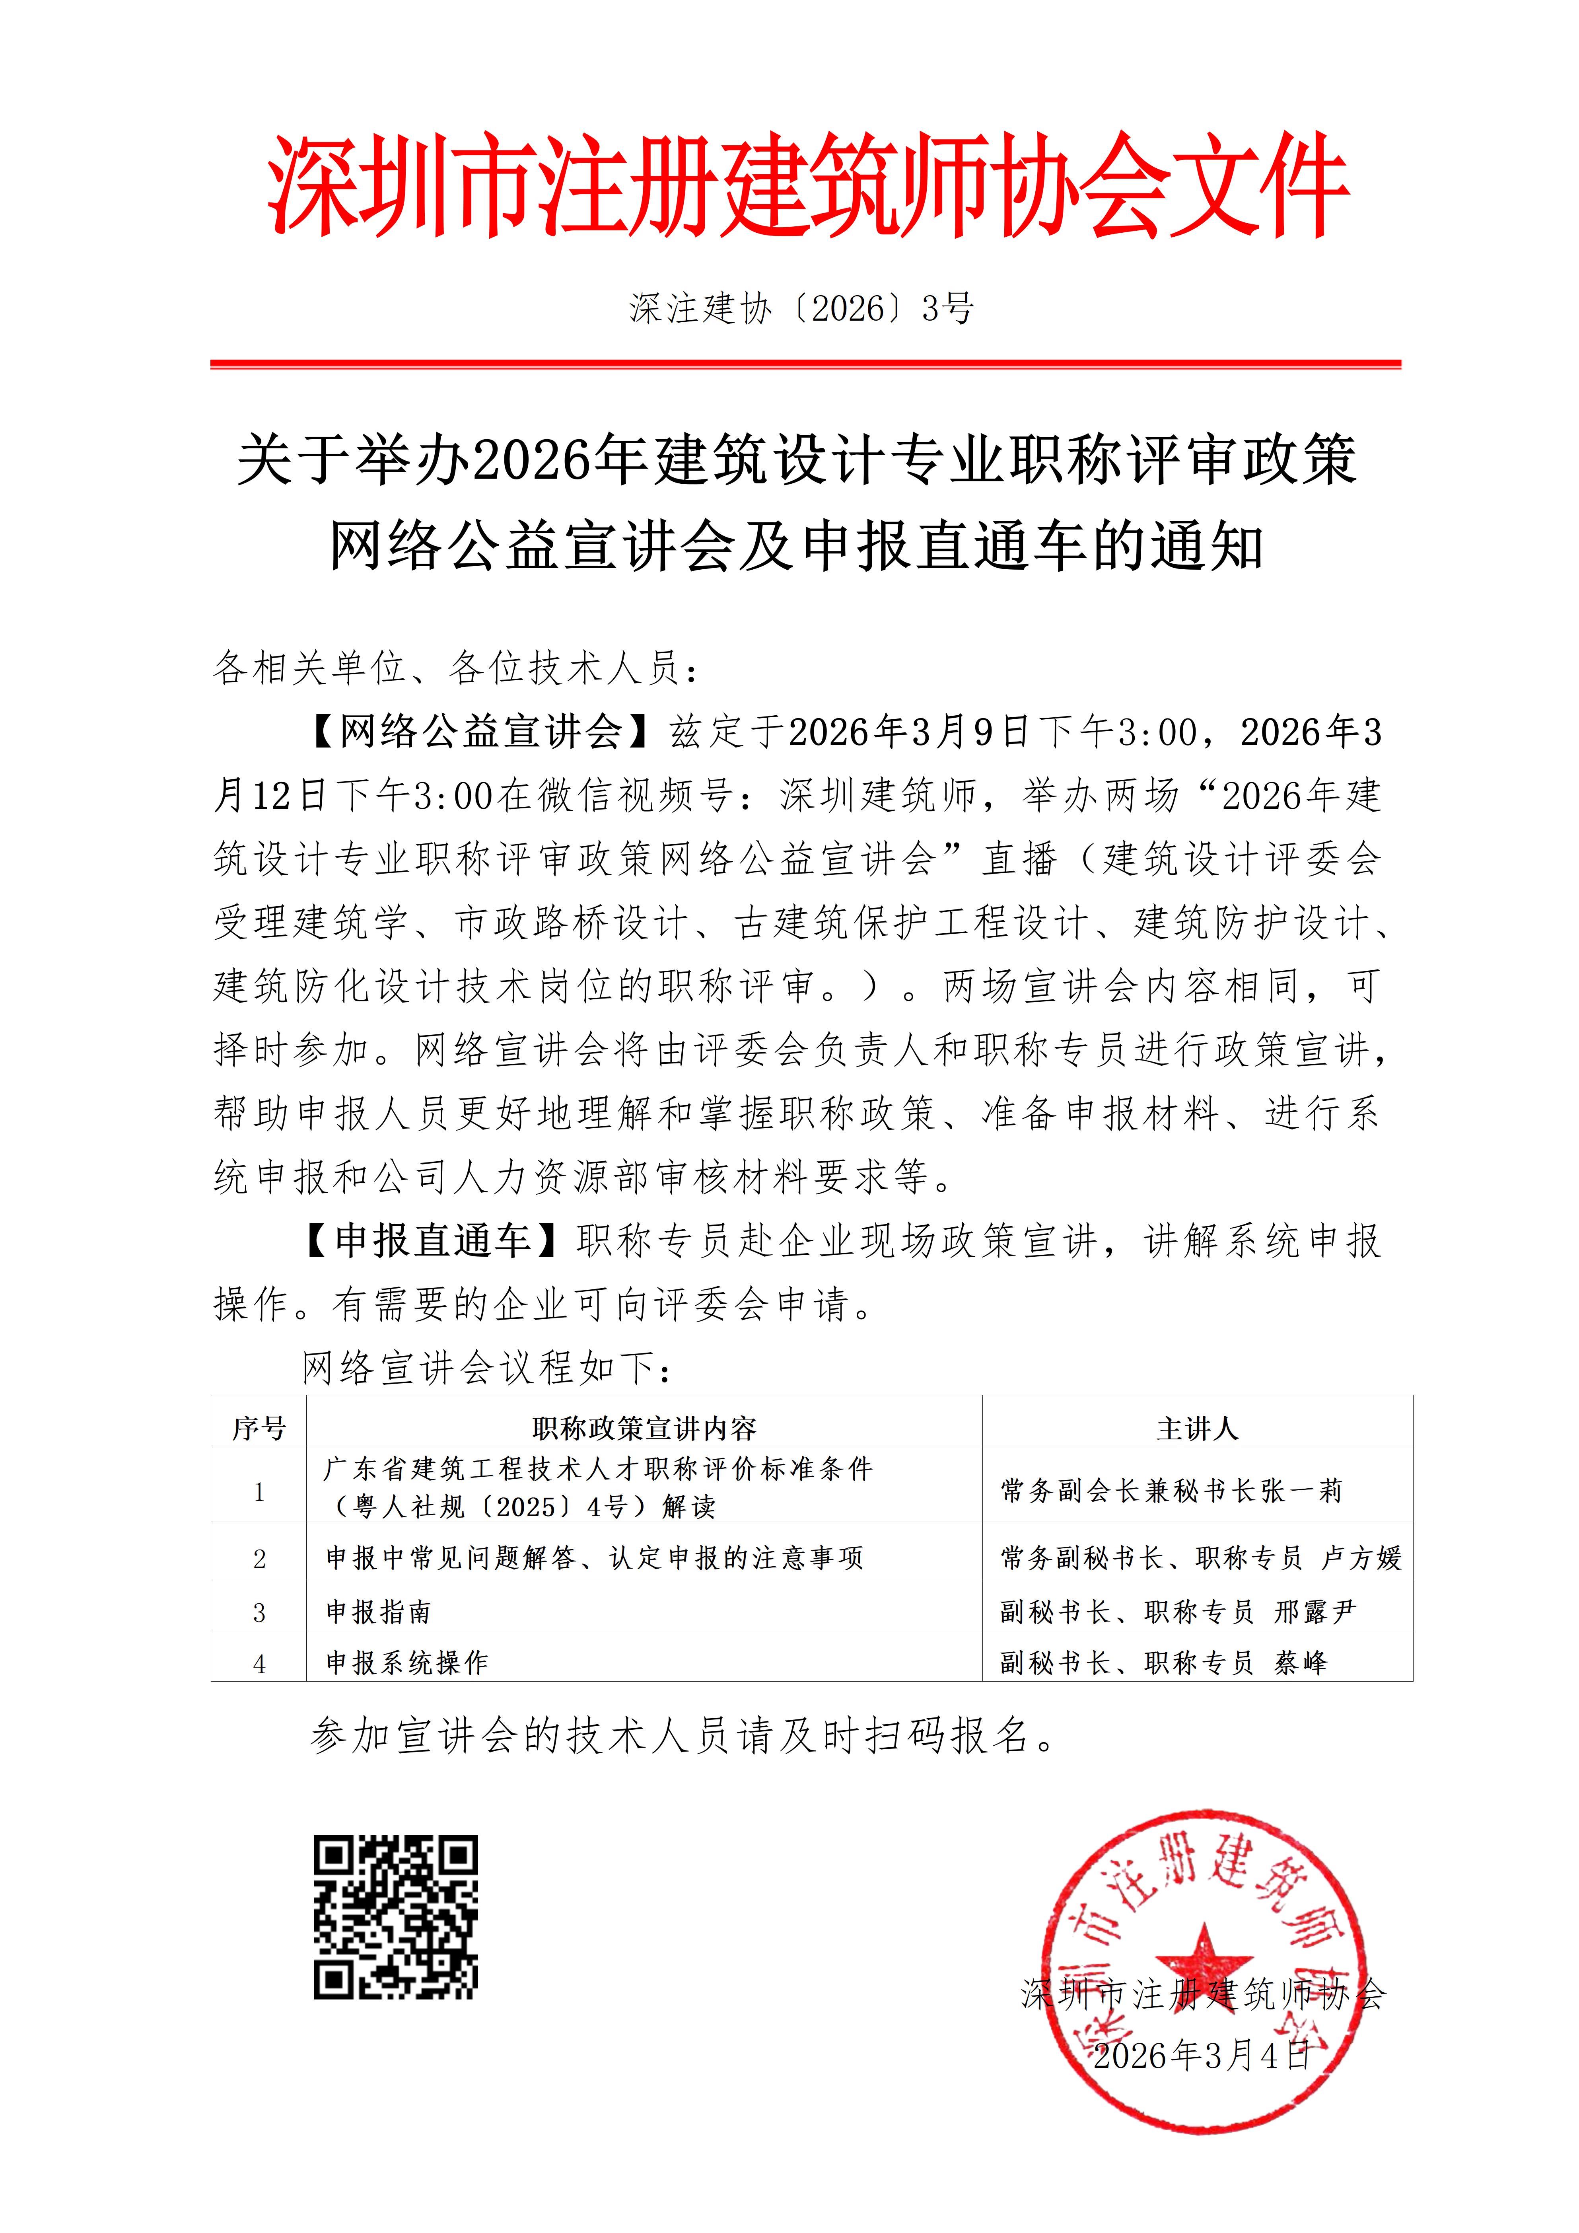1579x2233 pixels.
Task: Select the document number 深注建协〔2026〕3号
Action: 800,308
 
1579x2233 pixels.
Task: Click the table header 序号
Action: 259,1428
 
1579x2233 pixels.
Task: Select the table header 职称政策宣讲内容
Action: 644,1428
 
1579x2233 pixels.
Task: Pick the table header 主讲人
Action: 1197,1428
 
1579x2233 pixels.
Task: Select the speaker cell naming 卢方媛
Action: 1201,1558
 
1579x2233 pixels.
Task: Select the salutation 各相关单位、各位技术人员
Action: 455,668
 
